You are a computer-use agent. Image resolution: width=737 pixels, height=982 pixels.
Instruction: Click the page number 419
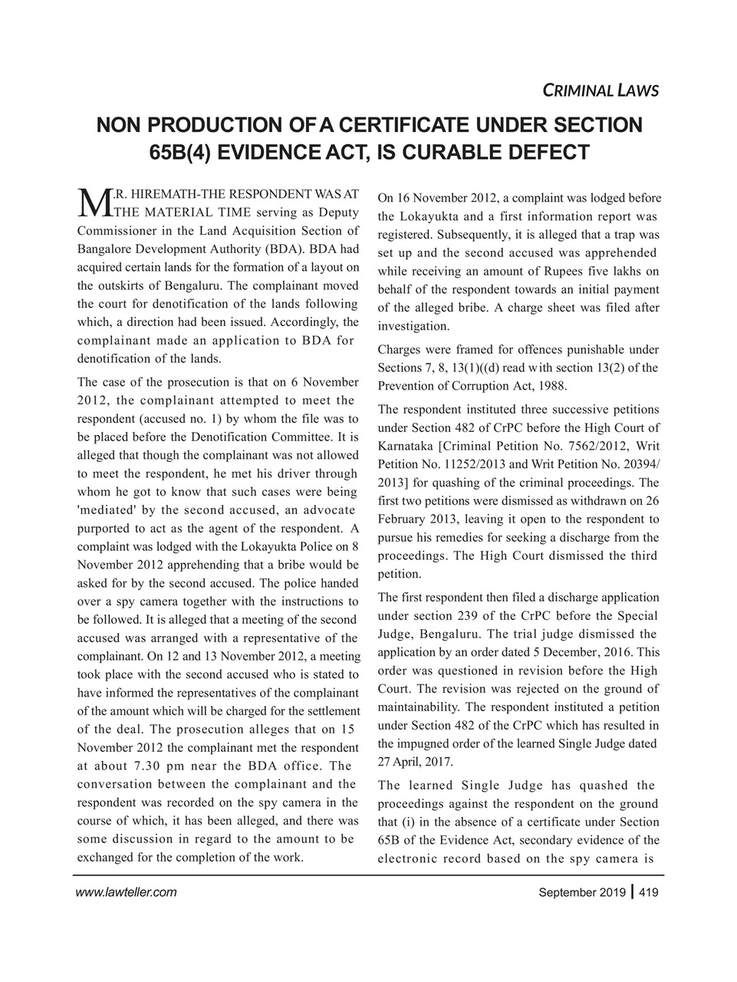click(x=648, y=892)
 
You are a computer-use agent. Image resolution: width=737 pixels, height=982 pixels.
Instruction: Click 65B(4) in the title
click(x=178, y=152)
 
